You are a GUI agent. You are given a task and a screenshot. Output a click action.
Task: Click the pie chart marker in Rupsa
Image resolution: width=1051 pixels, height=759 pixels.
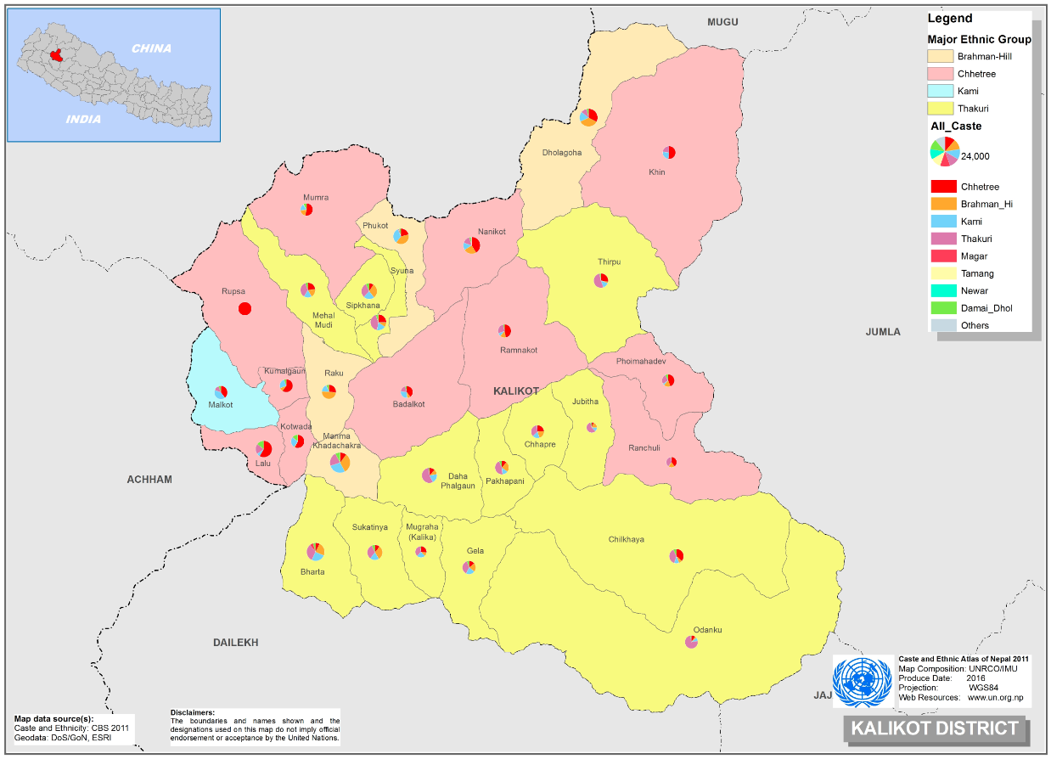tap(244, 308)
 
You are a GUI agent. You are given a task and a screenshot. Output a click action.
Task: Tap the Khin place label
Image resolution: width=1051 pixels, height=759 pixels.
tap(657, 172)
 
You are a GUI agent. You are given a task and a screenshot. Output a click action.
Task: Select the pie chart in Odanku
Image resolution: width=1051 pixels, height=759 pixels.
tap(691, 643)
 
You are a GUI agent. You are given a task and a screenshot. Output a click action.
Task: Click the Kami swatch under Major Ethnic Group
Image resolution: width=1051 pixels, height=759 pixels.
tap(941, 91)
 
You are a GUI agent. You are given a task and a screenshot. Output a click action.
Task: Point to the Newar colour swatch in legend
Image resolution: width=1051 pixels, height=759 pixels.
tap(941, 290)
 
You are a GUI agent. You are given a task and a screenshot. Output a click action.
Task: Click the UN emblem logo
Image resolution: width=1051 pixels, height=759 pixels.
tap(863, 681)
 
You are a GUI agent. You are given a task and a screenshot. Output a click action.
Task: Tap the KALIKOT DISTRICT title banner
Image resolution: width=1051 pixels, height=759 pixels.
tap(934, 728)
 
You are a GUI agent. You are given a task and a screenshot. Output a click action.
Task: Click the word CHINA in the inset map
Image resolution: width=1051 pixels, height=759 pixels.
tap(151, 48)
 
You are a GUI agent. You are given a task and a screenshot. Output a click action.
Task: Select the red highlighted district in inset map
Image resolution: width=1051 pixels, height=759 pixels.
tap(56, 56)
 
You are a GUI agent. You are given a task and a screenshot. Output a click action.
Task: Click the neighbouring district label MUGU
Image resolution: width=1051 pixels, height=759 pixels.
tap(723, 22)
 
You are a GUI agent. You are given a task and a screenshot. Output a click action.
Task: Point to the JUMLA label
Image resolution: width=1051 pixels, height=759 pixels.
tap(883, 332)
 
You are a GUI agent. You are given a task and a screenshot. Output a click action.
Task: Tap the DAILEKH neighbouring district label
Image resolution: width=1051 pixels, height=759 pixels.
tap(235, 643)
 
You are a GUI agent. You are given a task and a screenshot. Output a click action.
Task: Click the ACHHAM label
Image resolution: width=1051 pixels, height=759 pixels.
tap(149, 480)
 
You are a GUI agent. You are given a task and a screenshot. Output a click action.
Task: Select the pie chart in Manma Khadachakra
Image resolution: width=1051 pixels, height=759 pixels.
tap(340, 462)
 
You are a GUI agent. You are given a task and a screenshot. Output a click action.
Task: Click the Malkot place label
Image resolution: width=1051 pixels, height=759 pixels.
tap(221, 405)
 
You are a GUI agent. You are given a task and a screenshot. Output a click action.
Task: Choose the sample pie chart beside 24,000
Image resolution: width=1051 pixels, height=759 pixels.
tap(944, 151)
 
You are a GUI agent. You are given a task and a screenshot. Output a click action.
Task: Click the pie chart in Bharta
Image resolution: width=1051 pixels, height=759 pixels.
tap(315, 552)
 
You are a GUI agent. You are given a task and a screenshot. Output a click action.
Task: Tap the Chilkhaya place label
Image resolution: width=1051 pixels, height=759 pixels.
tap(626, 540)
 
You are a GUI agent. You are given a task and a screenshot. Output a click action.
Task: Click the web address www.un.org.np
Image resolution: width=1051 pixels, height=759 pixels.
tap(995, 697)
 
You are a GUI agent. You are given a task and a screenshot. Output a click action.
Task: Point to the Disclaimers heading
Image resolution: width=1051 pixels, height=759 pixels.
tap(193, 712)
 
